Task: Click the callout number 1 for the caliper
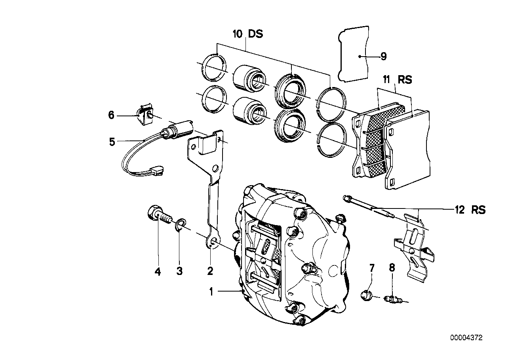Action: point(211,292)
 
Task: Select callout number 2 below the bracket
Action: point(210,271)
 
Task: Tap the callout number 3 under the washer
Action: point(179,271)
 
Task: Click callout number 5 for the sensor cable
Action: point(112,141)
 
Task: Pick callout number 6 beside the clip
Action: point(111,115)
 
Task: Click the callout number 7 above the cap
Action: point(372,269)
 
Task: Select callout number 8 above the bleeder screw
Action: point(392,268)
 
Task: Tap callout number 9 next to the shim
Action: point(383,57)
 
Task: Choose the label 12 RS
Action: point(470,210)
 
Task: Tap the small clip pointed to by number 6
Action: point(145,114)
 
